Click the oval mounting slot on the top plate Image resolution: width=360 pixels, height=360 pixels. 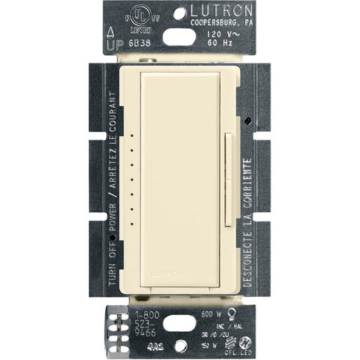(180, 37)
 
